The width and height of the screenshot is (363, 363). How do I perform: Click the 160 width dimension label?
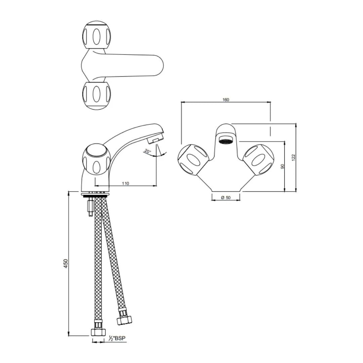click(x=226, y=100)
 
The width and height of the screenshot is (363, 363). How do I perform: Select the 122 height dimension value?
click(x=293, y=157)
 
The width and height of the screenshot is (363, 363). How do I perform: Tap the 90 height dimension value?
click(x=282, y=166)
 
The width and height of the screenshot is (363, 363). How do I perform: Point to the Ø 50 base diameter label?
click(x=226, y=198)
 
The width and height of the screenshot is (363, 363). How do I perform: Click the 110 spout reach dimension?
click(x=125, y=184)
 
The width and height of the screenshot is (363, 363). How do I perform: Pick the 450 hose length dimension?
click(x=66, y=264)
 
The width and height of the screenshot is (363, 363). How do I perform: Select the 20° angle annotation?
click(x=147, y=151)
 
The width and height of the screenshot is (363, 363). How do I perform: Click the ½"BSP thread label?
click(x=117, y=338)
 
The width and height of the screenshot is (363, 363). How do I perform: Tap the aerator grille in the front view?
click(x=226, y=141)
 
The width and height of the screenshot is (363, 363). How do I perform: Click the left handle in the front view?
click(x=193, y=160)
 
